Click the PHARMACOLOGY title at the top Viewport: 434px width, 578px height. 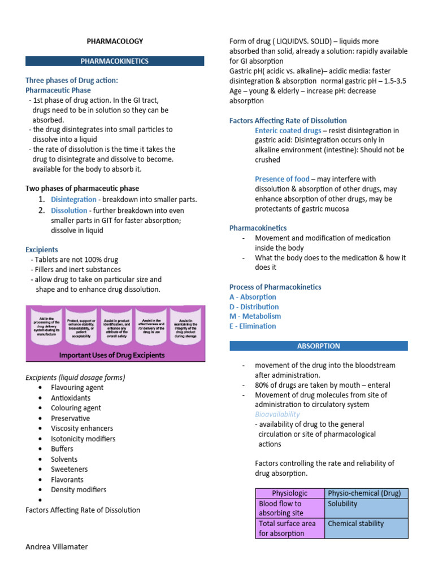(x=115, y=41)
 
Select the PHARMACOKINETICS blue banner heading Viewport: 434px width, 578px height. (x=115, y=60)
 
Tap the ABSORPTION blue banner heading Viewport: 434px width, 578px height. (x=318, y=345)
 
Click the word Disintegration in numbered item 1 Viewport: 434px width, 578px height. (x=73, y=199)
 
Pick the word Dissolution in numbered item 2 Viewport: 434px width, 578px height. (x=69, y=211)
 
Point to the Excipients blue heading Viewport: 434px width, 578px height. (x=42, y=249)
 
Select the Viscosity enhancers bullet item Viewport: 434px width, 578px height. (x=82, y=428)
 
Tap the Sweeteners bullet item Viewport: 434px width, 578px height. (x=70, y=469)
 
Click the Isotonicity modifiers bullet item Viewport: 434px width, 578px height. (x=83, y=439)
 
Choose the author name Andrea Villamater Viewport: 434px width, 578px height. (x=57, y=546)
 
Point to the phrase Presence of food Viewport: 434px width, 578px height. (x=282, y=179)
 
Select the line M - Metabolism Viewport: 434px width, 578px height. (x=255, y=316)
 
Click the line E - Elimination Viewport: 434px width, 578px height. (x=253, y=326)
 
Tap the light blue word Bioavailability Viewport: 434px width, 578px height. (x=277, y=414)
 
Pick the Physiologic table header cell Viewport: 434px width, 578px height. (x=290, y=493)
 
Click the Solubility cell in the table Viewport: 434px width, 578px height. (x=342, y=503)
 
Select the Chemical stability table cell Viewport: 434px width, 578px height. (x=355, y=523)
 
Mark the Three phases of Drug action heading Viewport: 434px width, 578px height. (x=72, y=80)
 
